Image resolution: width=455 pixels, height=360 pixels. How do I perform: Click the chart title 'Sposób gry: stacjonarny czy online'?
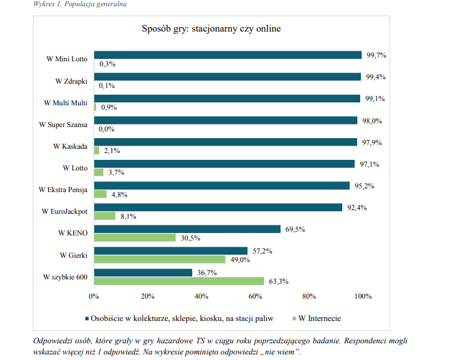pyautogui.click(x=211, y=29)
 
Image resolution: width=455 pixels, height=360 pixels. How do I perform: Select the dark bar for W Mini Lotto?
pyautogui.click(x=227, y=55)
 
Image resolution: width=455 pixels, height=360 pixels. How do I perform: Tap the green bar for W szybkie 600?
pyautogui.click(x=179, y=281)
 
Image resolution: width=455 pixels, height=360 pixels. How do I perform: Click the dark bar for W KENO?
pyautogui.click(x=187, y=229)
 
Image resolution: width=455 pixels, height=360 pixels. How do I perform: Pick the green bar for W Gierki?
pyautogui.click(x=160, y=260)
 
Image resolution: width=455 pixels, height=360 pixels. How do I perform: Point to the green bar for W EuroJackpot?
pyautogui.click(x=105, y=216)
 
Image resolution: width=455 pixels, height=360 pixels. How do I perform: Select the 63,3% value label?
pyautogui.click(x=279, y=282)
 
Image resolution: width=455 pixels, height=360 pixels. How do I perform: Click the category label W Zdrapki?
pyautogui.click(x=71, y=81)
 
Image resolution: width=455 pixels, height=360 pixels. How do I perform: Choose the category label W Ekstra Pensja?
pyautogui.click(x=63, y=190)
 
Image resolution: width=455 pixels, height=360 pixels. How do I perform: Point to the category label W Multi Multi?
pyautogui.click(x=66, y=102)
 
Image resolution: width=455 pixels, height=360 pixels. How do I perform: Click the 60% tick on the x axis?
pyautogui.click(x=255, y=296)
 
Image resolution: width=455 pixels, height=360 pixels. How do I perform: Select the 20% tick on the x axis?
pyautogui.click(x=148, y=296)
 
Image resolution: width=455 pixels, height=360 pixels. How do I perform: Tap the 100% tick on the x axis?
pyautogui.click(x=363, y=296)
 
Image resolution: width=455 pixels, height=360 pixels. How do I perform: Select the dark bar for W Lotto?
pyautogui.click(x=224, y=164)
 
